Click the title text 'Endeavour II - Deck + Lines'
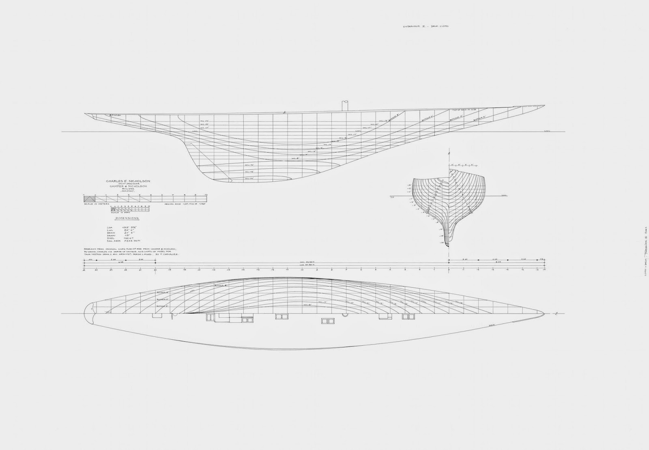425,26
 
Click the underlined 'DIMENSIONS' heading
127,218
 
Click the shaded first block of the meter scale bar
89,198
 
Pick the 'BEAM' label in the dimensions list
108,233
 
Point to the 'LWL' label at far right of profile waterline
548,131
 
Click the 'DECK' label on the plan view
492,325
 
